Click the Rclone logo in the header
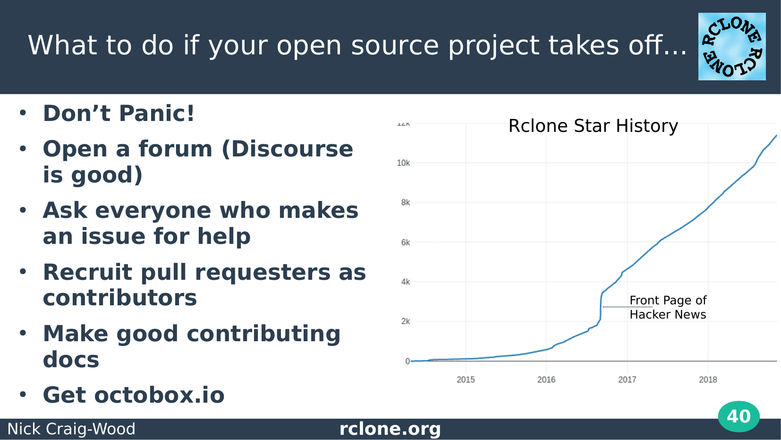(732, 46)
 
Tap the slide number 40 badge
(739, 416)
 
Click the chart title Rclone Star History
(593, 126)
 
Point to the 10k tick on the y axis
(403, 163)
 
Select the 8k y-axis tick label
(406, 202)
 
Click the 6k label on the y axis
(406, 242)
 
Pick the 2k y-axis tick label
(406, 321)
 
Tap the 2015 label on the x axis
(466, 380)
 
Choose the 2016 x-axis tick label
(546, 380)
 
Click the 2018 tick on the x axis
(708, 380)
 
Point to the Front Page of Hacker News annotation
(668, 307)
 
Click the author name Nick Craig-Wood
(71, 429)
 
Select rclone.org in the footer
(390, 429)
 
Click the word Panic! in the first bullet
(157, 113)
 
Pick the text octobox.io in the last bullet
(159, 395)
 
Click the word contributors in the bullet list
(120, 298)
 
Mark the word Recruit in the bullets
(87, 272)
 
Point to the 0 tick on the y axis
(407, 362)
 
